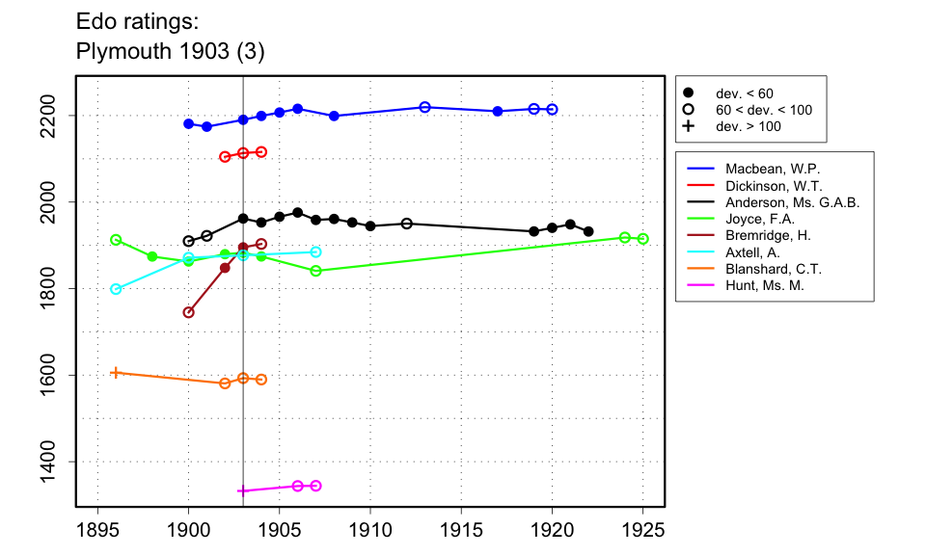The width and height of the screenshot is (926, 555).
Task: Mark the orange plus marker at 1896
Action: [116, 372]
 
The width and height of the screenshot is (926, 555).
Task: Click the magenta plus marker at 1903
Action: [243, 490]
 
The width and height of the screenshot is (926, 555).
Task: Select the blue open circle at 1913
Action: [424, 107]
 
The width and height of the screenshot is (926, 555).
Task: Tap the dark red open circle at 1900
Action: [189, 312]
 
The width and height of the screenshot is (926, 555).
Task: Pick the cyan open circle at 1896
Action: [116, 289]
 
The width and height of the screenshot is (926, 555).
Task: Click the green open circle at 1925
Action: [643, 239]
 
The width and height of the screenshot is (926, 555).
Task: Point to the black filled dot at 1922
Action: [588, 232]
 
